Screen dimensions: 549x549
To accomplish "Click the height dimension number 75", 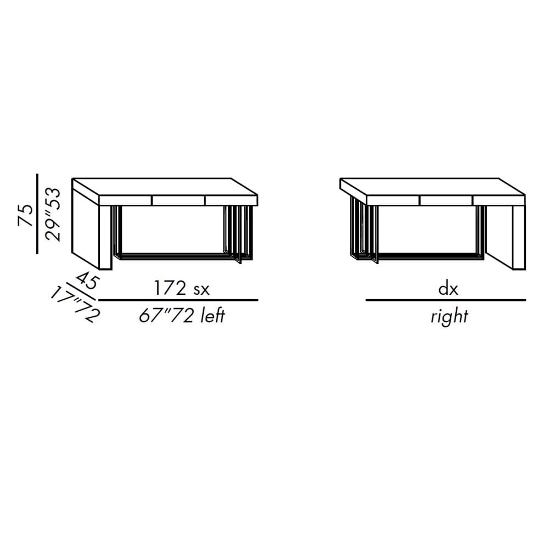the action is coord(26,216).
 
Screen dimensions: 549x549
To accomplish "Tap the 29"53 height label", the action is coord(53,215).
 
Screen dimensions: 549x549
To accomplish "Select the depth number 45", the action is coord(87,280).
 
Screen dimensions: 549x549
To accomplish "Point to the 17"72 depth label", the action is coord(75,304).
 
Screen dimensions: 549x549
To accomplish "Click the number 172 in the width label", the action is coord(170,289).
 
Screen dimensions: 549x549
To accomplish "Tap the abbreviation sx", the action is coord(201,290).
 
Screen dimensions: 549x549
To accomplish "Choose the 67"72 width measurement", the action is coord(166,316).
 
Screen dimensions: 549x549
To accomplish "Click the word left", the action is coord(212,316).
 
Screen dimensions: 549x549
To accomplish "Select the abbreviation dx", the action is coord(448,289).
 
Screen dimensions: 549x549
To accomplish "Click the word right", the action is coord(449,317).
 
